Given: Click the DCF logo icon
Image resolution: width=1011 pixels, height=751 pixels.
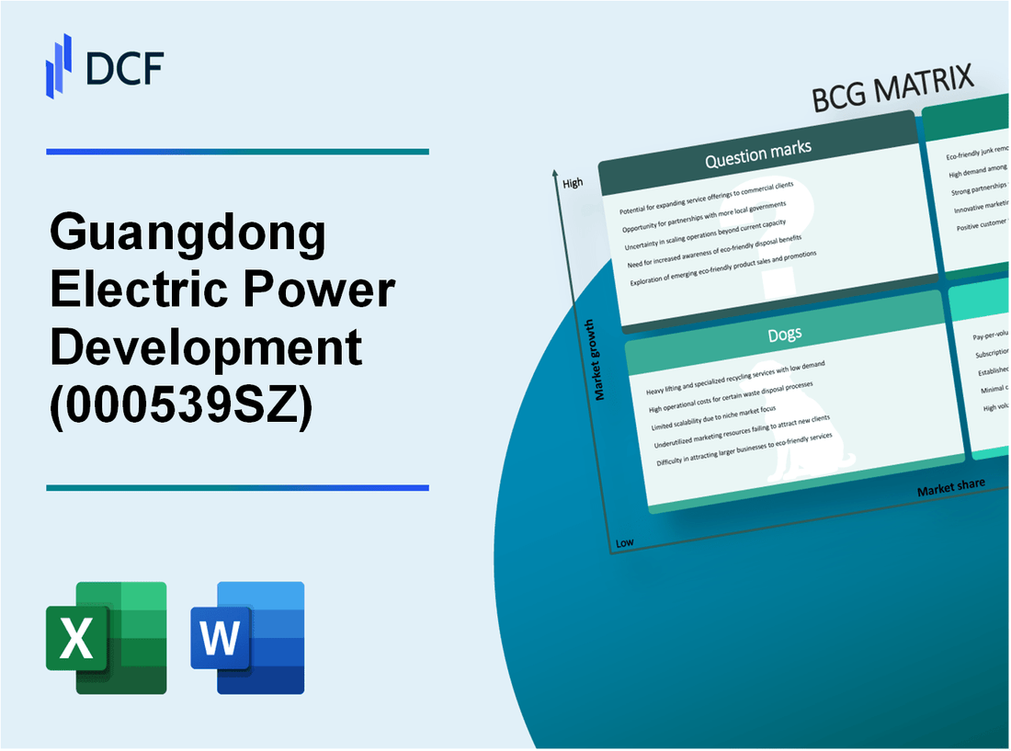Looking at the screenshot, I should pyautogui.click(x=59, y=65).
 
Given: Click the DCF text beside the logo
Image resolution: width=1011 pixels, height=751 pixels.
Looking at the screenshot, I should pyautogui.click(x=124, y=67).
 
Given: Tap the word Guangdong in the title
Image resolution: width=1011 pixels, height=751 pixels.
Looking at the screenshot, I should pyautogui.click(x=188, y=234).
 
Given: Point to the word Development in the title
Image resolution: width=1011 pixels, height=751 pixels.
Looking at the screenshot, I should pyautogui.click(x=207, y=347).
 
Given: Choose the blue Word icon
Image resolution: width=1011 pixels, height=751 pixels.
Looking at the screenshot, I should pyautogui.click(x=247, y=637).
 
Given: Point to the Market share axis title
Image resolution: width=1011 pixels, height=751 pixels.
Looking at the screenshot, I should pyautogui.click(x=950, y=486).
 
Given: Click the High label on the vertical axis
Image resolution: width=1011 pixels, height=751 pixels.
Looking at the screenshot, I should pyautogui.click(x=573, y=183).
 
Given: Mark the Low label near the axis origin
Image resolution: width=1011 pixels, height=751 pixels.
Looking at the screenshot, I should pyautogui.click(x=625, y=542).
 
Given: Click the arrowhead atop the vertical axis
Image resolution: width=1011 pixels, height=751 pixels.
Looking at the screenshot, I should pyautogui.click(x=555, y=173).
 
